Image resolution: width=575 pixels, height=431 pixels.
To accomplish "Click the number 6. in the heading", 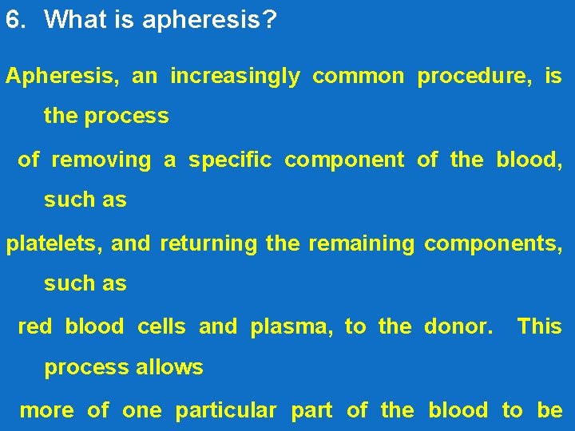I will [16, 20].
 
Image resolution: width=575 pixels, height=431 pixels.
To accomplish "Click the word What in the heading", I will [74, 20].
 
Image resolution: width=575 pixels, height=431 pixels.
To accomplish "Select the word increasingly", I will [236, 77].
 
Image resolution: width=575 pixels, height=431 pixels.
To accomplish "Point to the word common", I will [359, 77].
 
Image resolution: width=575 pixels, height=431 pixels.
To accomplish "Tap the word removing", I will [101, 160].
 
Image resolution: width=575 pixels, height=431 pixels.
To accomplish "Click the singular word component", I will [344, 161].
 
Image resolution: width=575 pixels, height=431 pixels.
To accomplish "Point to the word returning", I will [208, 243].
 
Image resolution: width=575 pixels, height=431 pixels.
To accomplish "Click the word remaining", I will [361, 243].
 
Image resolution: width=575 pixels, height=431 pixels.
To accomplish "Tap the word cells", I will [161, 326].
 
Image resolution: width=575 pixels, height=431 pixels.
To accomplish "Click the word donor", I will [458, 326].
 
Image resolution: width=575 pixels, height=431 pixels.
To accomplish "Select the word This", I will [540, 326].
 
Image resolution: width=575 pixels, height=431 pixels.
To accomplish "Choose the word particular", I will [226, 411].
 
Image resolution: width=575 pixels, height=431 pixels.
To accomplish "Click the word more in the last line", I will [47, 411].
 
